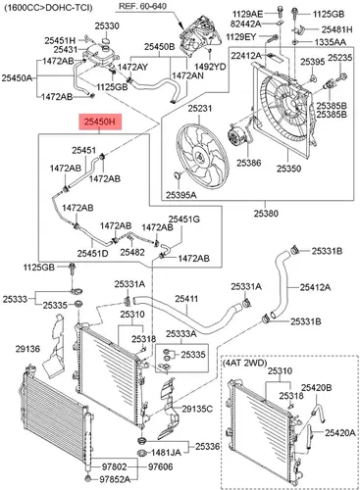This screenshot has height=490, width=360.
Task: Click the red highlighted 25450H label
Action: [x=100, y=122]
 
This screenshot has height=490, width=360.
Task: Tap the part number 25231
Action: [x=200, y=108]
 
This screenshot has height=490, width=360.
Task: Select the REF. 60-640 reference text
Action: [x=142, y=6]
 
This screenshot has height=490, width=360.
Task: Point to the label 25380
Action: [x=266, y=214]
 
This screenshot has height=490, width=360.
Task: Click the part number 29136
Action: [x=27, y=349]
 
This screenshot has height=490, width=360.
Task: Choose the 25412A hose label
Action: [x=315, y=287]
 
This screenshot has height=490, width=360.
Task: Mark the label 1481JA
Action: [x=166, y=453]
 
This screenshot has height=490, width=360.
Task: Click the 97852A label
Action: [x=115, y=479]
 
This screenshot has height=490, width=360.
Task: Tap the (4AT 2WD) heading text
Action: [x=245, y=363]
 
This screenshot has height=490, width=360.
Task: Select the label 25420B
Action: [x=317, y=387]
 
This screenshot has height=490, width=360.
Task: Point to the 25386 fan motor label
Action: [x=249, y=163]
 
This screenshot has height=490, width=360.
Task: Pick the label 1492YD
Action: [x=210, y=67]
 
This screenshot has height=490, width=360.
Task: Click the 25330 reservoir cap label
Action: [x=107, y=25]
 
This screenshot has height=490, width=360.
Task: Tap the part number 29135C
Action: [x=197, y=409]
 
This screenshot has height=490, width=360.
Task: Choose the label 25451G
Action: [x=183, y=219]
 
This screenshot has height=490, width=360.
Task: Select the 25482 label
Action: [x=132, y=252]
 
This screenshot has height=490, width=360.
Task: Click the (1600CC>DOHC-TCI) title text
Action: [x=48, y=7]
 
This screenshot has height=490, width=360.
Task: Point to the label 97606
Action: [x=160, y=466]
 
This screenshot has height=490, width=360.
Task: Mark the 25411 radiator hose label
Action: [x=186, y=298]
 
